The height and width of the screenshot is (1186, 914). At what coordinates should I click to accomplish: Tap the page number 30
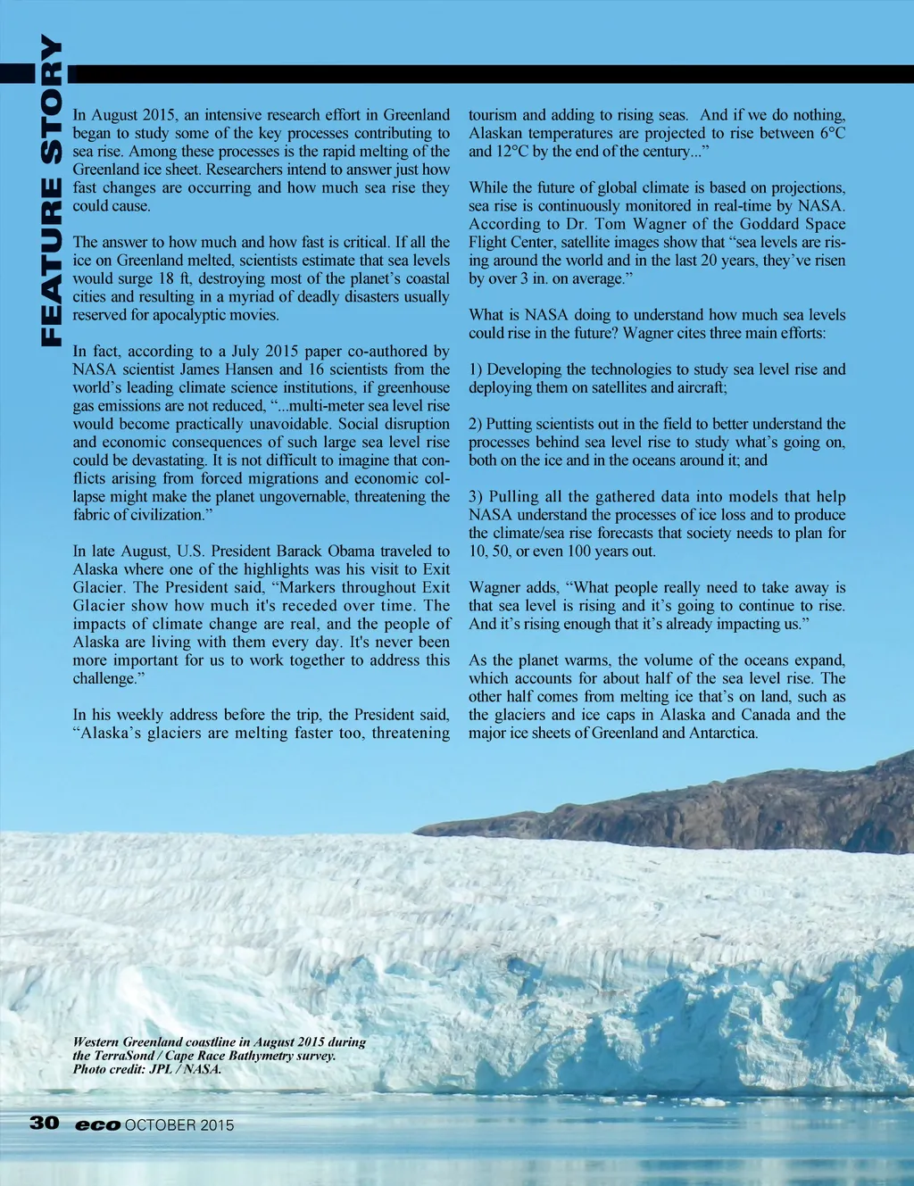click(44, 1123)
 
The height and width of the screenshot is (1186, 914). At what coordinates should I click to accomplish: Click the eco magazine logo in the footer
click(97, 1125)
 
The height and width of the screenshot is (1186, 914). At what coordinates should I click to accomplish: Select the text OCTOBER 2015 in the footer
click(179, 1125)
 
